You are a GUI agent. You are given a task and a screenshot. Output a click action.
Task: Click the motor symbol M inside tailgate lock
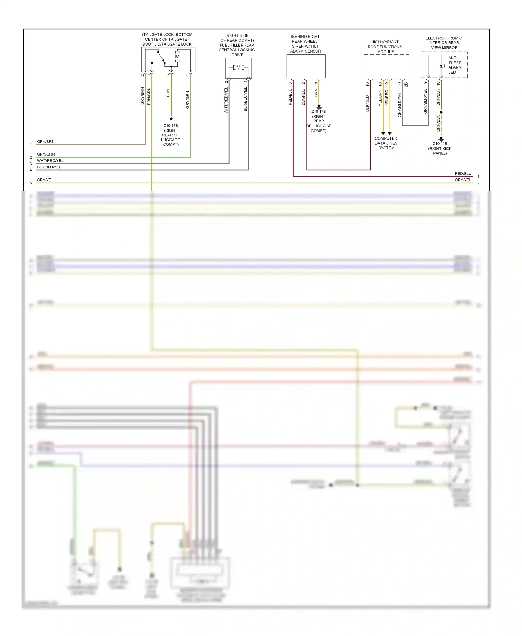coord(177,57)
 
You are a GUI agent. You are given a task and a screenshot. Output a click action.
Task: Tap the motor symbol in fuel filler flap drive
coord(238,67)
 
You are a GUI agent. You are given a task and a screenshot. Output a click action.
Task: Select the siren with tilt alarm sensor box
coord(306,66)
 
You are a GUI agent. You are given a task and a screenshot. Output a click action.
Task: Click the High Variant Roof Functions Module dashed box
coord(386,66)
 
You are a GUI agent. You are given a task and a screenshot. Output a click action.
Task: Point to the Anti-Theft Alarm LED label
coord(454,65)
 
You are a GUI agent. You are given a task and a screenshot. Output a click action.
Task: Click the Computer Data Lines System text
coord(386,143)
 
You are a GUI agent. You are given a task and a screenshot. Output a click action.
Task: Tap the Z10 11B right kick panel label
coord(440,148)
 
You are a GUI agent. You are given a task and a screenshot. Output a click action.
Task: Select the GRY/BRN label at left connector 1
coord(46,142)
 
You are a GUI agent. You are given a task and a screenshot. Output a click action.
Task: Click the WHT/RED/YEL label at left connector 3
coord(50,161)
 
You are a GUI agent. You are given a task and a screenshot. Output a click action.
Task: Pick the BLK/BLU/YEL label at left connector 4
coord(49,167)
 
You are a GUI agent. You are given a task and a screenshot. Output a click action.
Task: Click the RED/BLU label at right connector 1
coord(463,173)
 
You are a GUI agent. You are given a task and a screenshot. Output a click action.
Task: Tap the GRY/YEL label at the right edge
coord(463,180)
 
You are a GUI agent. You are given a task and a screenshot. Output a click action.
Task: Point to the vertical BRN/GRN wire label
coord(149,96)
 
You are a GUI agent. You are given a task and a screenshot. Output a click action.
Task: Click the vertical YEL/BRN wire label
coord(380,98)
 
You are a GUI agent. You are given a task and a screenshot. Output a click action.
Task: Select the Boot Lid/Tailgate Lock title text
coord(167,44)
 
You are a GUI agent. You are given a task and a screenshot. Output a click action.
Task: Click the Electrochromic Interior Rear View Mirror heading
coord(443,43)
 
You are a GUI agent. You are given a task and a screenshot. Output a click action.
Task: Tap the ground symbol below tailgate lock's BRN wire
coord(171,119)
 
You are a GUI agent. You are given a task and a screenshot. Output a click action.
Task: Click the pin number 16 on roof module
coord(367,84)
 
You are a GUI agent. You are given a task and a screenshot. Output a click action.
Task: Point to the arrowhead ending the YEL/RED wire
coord(389,133)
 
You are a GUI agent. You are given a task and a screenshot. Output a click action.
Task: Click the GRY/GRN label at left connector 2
coord(46,154)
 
